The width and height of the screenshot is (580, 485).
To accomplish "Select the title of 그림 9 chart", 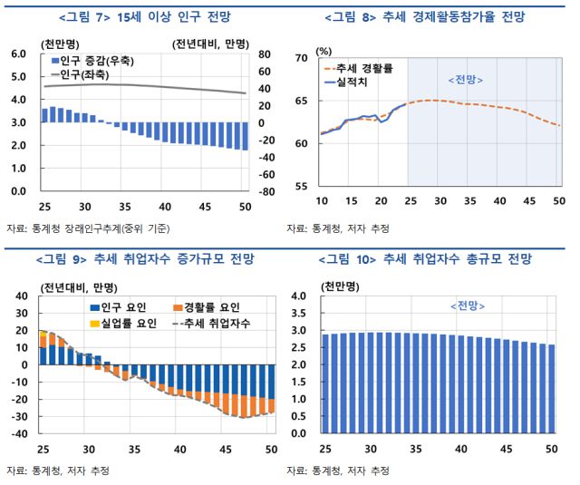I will pos(144,260).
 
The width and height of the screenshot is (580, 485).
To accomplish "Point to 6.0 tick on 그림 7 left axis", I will pos(16,54).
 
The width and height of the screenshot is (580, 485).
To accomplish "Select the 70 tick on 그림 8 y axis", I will pos(301,59).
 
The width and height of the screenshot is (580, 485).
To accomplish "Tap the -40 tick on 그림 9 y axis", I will pos(16,433).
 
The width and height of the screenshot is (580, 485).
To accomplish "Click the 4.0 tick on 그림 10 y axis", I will pos(299,296).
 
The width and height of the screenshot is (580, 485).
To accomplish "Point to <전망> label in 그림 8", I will pos(466,80).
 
